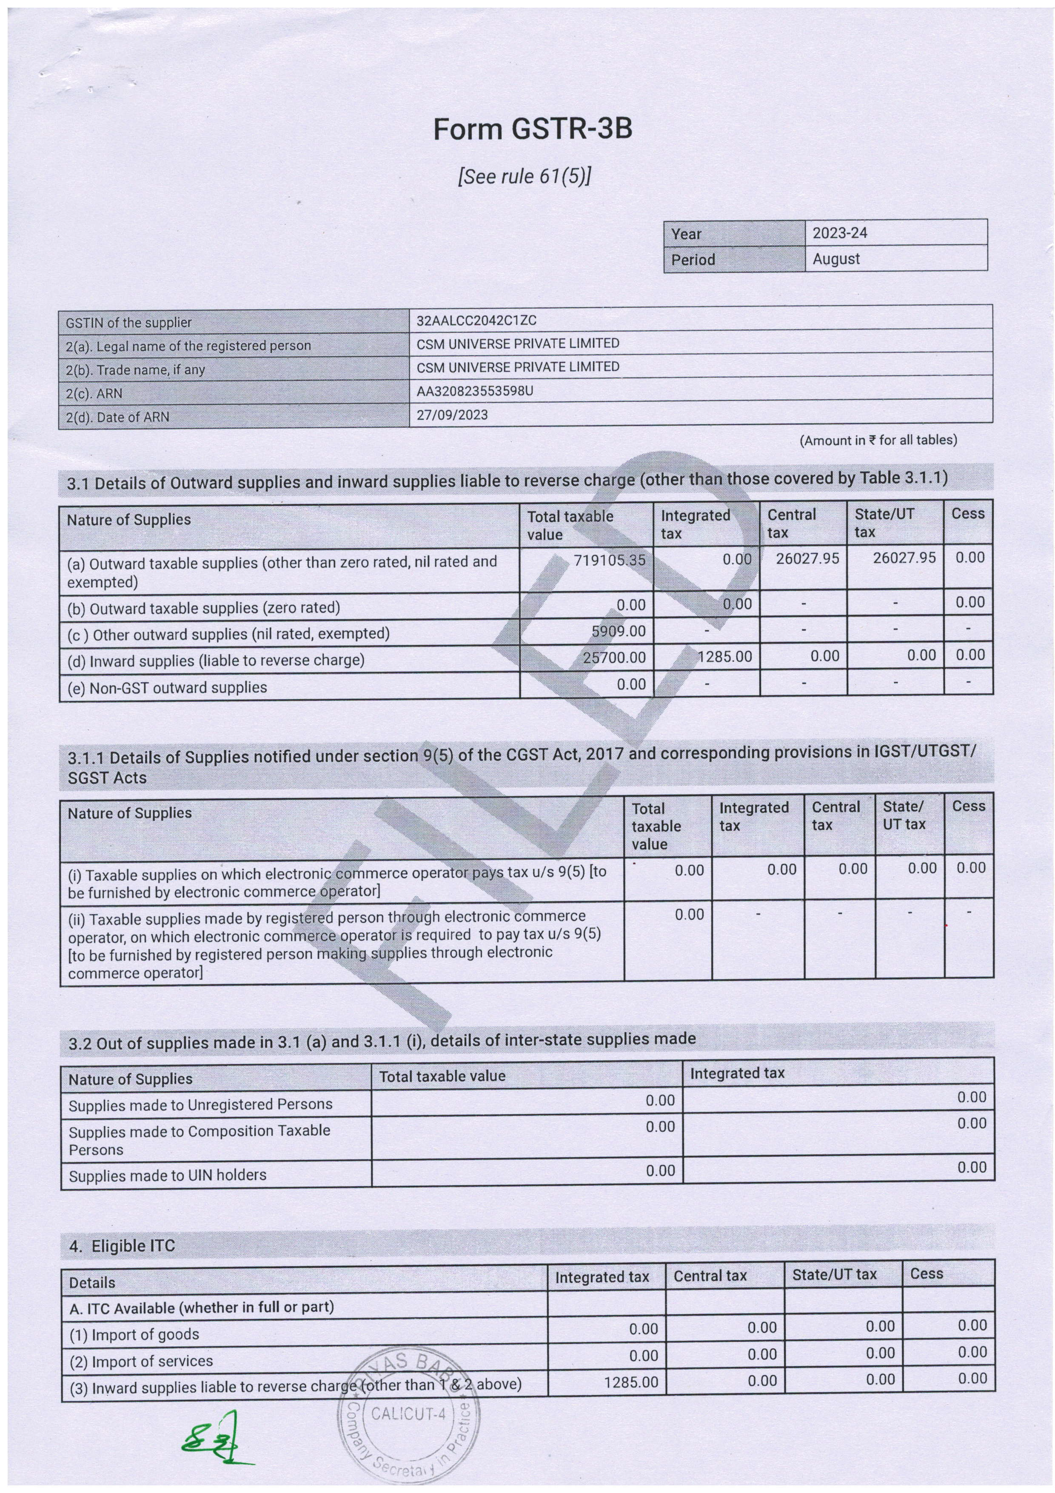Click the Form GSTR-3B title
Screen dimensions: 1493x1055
point(532,129)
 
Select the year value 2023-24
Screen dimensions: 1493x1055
point(840,233)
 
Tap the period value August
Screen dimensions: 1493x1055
point(836,259)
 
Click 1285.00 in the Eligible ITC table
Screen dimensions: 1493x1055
point(630,1382)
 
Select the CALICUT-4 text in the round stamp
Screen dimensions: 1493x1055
point(408,1414)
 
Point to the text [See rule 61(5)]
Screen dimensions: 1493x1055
point(525,177)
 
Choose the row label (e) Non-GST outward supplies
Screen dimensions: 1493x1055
point(167,687)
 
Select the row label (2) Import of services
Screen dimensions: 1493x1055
point(141,1361)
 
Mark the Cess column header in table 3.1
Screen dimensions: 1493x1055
point(967,514)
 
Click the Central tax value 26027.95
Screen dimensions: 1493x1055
point(807,558)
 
